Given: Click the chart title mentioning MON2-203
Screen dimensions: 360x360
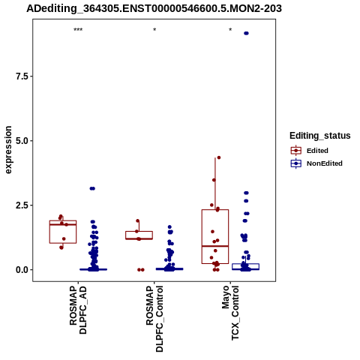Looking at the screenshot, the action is (154, 8).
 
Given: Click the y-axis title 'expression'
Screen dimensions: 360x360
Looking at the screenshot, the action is (8, 150).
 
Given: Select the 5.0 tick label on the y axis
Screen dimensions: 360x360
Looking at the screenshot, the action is (22, 141).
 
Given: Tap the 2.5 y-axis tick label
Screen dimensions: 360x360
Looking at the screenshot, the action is (22, 205).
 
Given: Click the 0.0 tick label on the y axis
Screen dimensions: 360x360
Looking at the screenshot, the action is (22, 270).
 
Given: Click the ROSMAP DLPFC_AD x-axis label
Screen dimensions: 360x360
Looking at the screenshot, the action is (78, 310).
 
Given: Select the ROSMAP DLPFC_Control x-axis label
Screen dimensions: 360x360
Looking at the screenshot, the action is (154, 319).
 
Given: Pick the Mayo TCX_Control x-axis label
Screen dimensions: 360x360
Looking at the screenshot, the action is (230, 313).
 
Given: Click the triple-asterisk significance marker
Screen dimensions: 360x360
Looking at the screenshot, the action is (78, 30).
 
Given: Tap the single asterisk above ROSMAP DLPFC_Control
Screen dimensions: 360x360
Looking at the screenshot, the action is (154, 30).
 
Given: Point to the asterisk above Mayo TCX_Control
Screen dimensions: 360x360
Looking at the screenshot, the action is (230, 30).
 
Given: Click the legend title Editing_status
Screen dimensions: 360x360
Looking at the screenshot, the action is (320, 136).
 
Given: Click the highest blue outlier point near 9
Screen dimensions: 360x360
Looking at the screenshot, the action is (246, 33).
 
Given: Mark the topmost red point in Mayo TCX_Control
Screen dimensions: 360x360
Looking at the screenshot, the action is (219, 157).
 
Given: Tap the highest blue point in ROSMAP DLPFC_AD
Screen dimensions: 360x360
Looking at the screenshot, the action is (92, 188).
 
